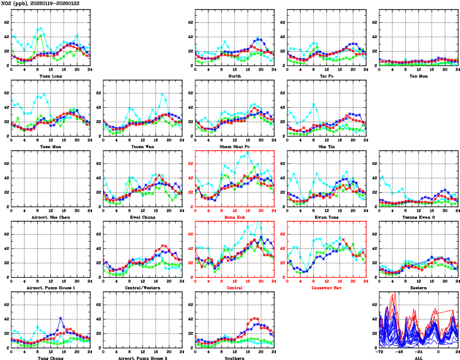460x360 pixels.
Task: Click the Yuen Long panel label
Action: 50,76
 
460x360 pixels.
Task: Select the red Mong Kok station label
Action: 234,217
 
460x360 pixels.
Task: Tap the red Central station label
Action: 234,288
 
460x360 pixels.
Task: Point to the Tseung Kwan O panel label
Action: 418,217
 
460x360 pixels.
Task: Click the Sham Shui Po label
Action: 234,146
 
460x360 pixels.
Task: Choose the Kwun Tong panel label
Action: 326,217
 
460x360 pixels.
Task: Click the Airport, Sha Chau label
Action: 50,217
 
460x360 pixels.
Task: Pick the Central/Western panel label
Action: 142,288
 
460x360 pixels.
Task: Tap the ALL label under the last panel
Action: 418,358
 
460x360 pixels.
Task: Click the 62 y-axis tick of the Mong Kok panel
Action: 190,164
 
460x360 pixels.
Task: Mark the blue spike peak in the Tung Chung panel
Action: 61,318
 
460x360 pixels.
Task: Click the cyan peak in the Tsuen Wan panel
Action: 163,94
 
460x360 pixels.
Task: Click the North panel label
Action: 234,76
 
